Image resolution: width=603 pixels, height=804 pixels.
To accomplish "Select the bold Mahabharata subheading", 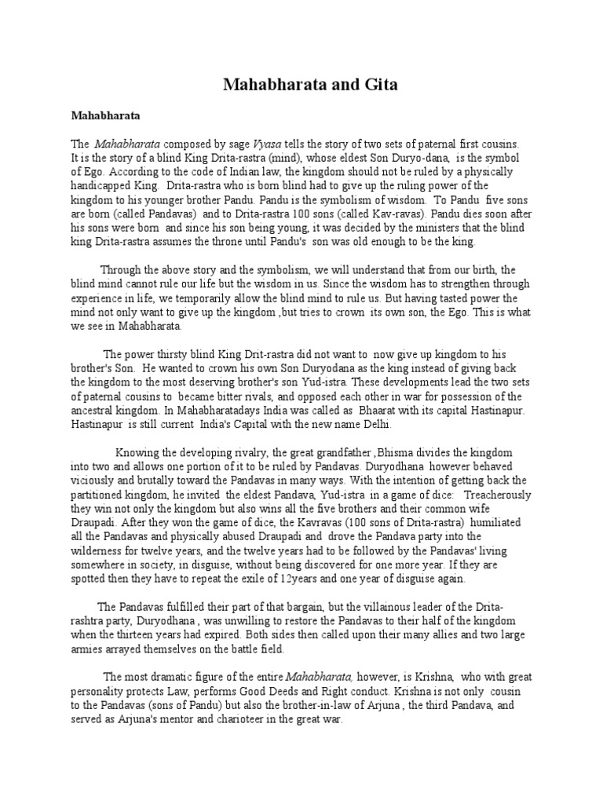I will tap(105, 115).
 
